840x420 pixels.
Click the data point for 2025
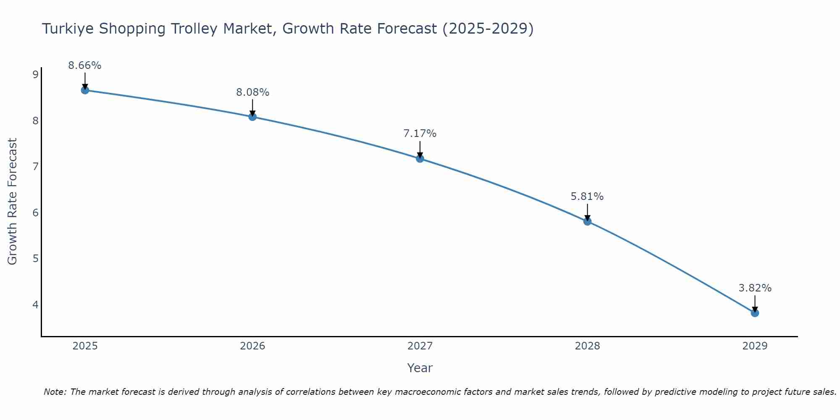pyautogui.click(x=85, y=90)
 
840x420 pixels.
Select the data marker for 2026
pyautogui.click(x=252, y=117)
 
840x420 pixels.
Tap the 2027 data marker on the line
pyautogui.click(x=420, y=158)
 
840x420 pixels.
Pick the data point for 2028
pyautogui.click(x=587, y=221)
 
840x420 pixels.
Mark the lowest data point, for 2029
pyautogui.click(x=755, y=313)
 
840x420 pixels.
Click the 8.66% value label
pyautogui.click(x=85, y=66)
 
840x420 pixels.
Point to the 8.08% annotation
pyautogui.click(x=252, y=92)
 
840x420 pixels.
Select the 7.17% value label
pyautogui.click(x=420, y=134)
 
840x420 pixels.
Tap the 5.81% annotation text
pyautogui.click(x=587, y=197)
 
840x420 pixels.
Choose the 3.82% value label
pyautogui.click(x=755, y=288)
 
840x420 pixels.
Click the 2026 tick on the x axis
pyautogui.click(x=252, y=346)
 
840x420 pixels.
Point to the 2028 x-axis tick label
pyautogui.click(x=587, y=346)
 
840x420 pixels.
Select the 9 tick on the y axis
pyautogui.click(x=35, y=75)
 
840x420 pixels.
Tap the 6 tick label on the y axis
pyautogui.click(x=35, y=213)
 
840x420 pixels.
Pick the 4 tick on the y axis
pyautogui.click(x=35, y=304)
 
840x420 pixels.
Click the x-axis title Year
pyautogui.click(x=420, y=368)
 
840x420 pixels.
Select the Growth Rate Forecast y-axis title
pyautogui.click(x=13, y=202)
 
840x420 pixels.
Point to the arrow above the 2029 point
pyautogui.click(x=755, y=303)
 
